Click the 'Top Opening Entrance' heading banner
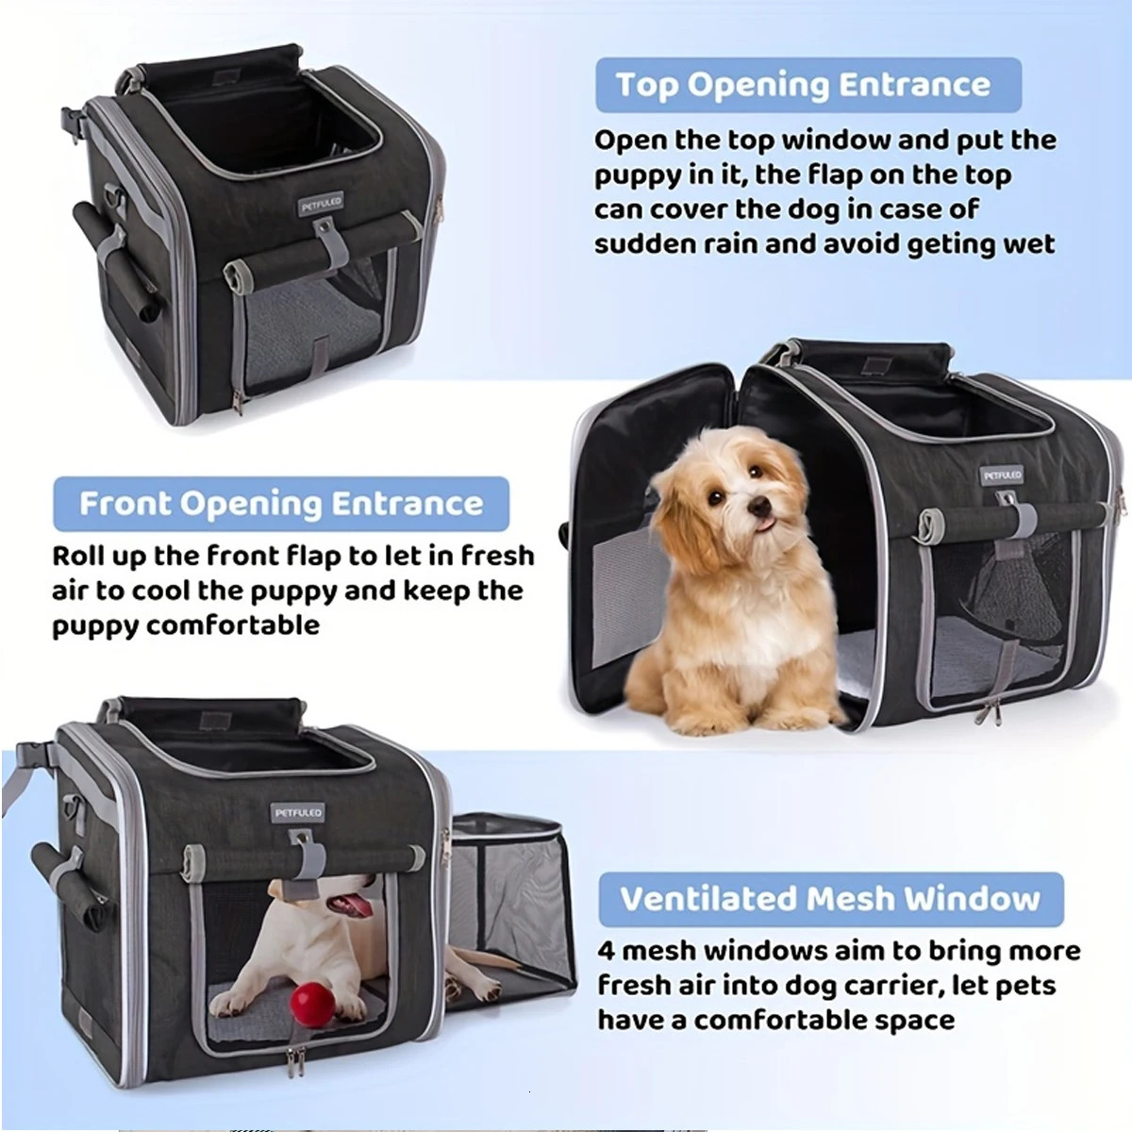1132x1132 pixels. [x=808, y=85]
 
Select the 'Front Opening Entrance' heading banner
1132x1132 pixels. [x=281, y=504]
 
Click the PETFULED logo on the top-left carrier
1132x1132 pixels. [x=321, y=205]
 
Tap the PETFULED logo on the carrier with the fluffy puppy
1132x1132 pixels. [x=1001, y=475]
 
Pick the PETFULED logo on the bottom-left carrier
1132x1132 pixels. [x=298, y=813]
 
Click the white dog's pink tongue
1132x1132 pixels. [x=356, y=907]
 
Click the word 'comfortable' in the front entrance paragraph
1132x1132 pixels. [x=234, y=625]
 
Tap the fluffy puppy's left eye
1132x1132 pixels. [x=756, y=471]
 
